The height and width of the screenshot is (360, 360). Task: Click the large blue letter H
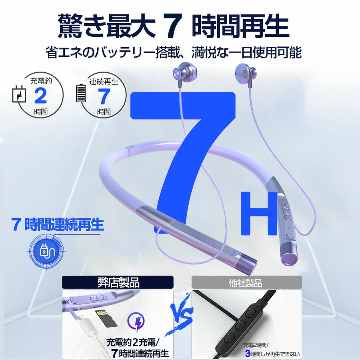click(259, 214)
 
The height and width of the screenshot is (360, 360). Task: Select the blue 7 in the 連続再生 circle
click(104, 96)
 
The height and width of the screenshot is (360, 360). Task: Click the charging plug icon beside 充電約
click(19, 94)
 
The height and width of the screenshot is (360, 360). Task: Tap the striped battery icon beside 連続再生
click(81, 93)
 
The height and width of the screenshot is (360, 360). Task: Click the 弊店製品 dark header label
click(118, 282)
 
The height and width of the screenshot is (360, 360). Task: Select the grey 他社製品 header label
click(246, 282)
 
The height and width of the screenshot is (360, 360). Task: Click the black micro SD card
click(105, 318)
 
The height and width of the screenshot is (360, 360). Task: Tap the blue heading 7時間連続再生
click(57, 224)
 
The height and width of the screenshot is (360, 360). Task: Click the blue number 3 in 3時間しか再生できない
click(248, 353)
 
